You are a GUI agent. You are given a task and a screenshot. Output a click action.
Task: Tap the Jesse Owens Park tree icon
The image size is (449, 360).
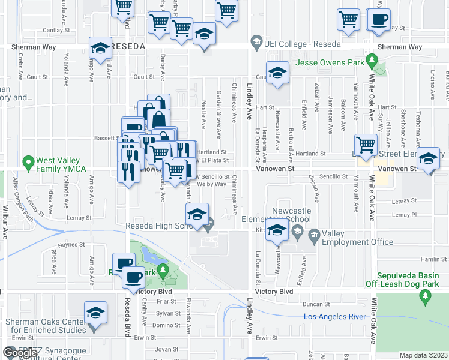[x=372, y=60]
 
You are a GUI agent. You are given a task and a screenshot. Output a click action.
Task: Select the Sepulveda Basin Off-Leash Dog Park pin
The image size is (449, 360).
[x=426, y=295]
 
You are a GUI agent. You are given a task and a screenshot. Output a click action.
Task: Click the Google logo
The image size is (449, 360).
[x=20, y=353]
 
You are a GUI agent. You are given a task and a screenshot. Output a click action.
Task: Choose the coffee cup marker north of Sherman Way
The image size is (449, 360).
[x=379, y=20]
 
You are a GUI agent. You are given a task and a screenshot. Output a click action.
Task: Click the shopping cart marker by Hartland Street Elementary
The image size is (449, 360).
[x=366, y=145]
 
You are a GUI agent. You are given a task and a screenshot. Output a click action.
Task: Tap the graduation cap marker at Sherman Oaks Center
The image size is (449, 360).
[x=94, y=314]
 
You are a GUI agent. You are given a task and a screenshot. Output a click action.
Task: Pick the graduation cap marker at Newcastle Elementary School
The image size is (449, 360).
[x=276, y=231]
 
